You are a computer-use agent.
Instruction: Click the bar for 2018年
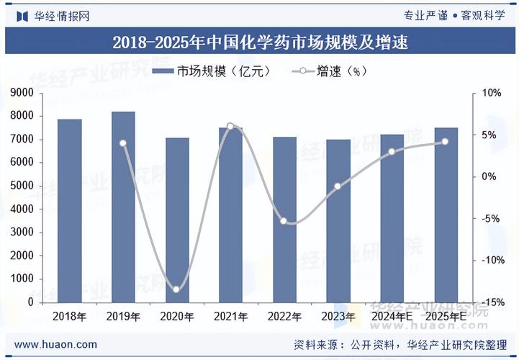(x=70, y=210)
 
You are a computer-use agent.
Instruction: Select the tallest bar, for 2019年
(x=123, y=207)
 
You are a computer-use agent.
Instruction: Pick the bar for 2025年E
(x=446, y=215)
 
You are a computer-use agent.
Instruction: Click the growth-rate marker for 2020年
(x=176, y=289)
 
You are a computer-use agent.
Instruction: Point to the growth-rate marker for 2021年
(x=230, y=127)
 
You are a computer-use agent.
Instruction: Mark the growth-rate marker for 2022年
(x=284, y=221)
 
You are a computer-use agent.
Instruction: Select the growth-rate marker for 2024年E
(x=392, y=152)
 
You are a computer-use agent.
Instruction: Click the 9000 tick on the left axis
(x=22, y=93)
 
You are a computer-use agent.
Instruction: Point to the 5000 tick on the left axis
(x=22, y=186)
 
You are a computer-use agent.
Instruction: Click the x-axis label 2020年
(x=176, y=316)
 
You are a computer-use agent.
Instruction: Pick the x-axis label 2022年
(x=284, y=316)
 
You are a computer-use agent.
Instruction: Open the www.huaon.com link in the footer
(x=55, y=344)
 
